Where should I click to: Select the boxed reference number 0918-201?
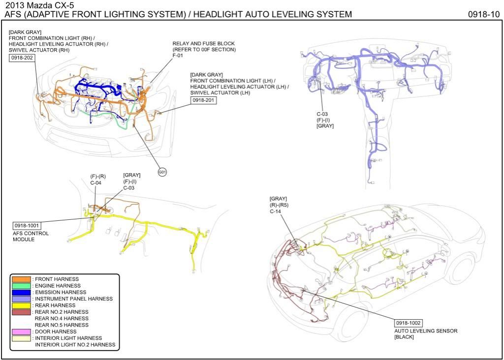coord(203,100)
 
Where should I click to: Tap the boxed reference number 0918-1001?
coord(26,226)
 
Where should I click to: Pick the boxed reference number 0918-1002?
coord(408,323)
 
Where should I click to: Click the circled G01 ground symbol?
coord(162,172)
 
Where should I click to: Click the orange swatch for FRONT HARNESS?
coord(21,279)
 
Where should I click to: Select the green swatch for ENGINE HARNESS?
coord(21,286)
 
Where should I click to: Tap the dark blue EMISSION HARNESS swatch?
coord(21,292)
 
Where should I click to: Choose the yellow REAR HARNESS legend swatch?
coord(21,305)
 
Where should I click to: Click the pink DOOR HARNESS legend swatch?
coord(21,331)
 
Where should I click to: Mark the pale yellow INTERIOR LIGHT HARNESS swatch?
coord(21,338)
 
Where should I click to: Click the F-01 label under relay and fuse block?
coord(178,56)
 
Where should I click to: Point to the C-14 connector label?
coord(275,211)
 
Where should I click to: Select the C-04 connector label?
coord(95,182)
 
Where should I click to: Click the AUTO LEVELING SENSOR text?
coord(425,331)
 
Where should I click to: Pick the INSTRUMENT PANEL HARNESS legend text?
coord(73,299)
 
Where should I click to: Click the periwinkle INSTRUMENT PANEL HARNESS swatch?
coord(21,299)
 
